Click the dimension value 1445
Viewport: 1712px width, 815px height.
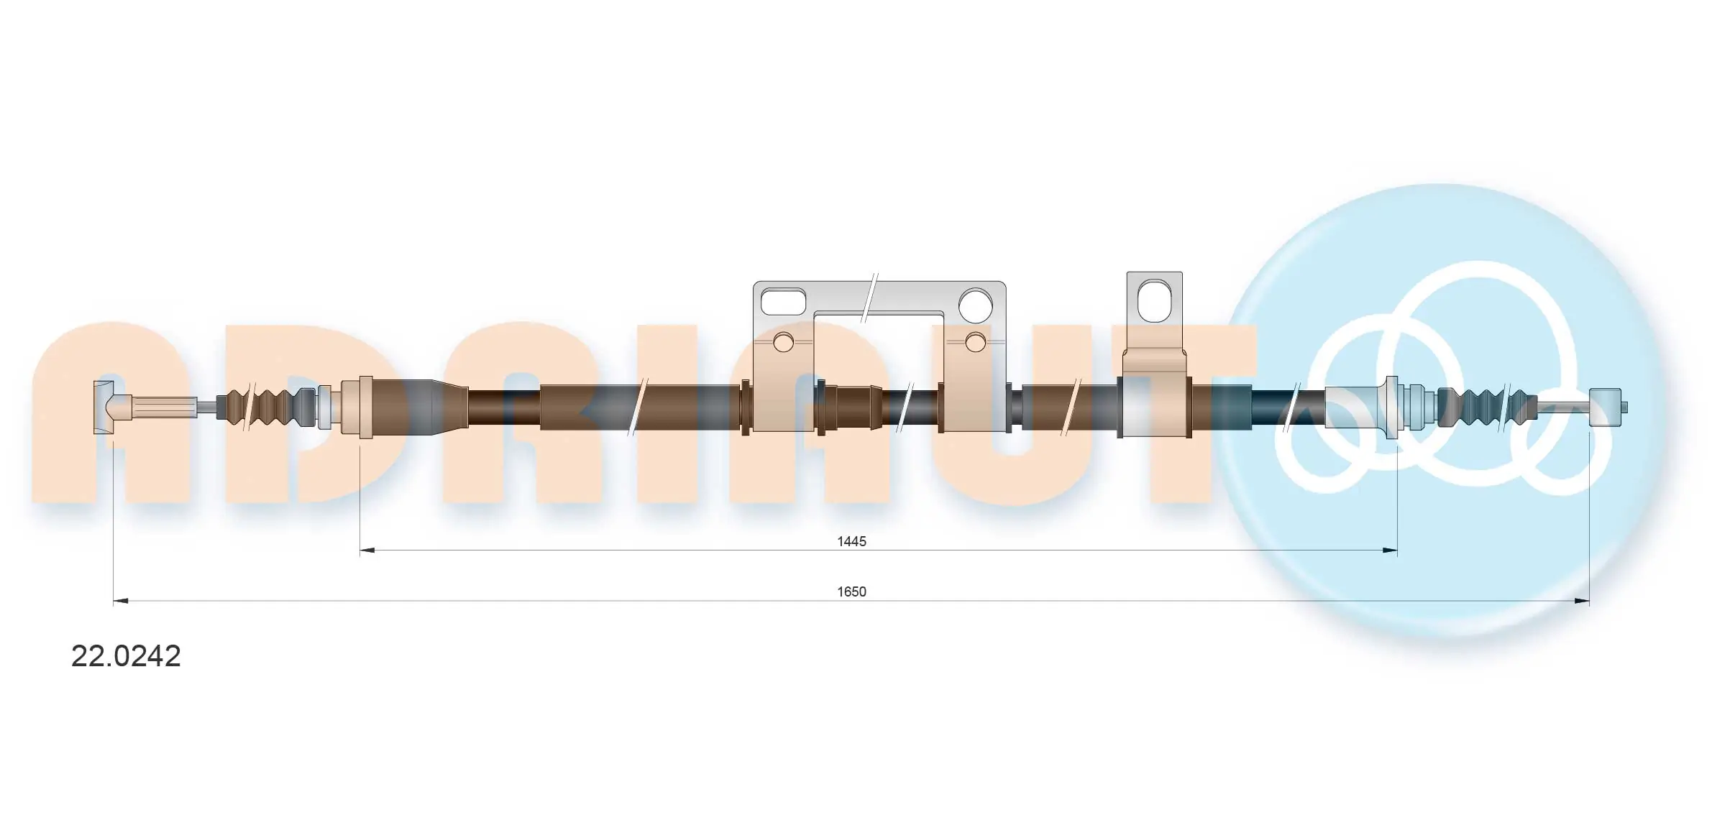tap(851, 541)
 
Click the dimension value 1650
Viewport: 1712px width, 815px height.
tap(851, 591)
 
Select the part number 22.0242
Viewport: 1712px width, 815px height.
tap(126, 656)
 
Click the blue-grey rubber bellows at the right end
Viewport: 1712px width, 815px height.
tap(1485, 407)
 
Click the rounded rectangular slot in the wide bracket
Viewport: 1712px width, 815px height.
tap(784, 302)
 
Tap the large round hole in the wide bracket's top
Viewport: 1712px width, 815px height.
tap(976, 304)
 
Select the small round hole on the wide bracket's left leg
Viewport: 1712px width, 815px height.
tap(784, 343)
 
